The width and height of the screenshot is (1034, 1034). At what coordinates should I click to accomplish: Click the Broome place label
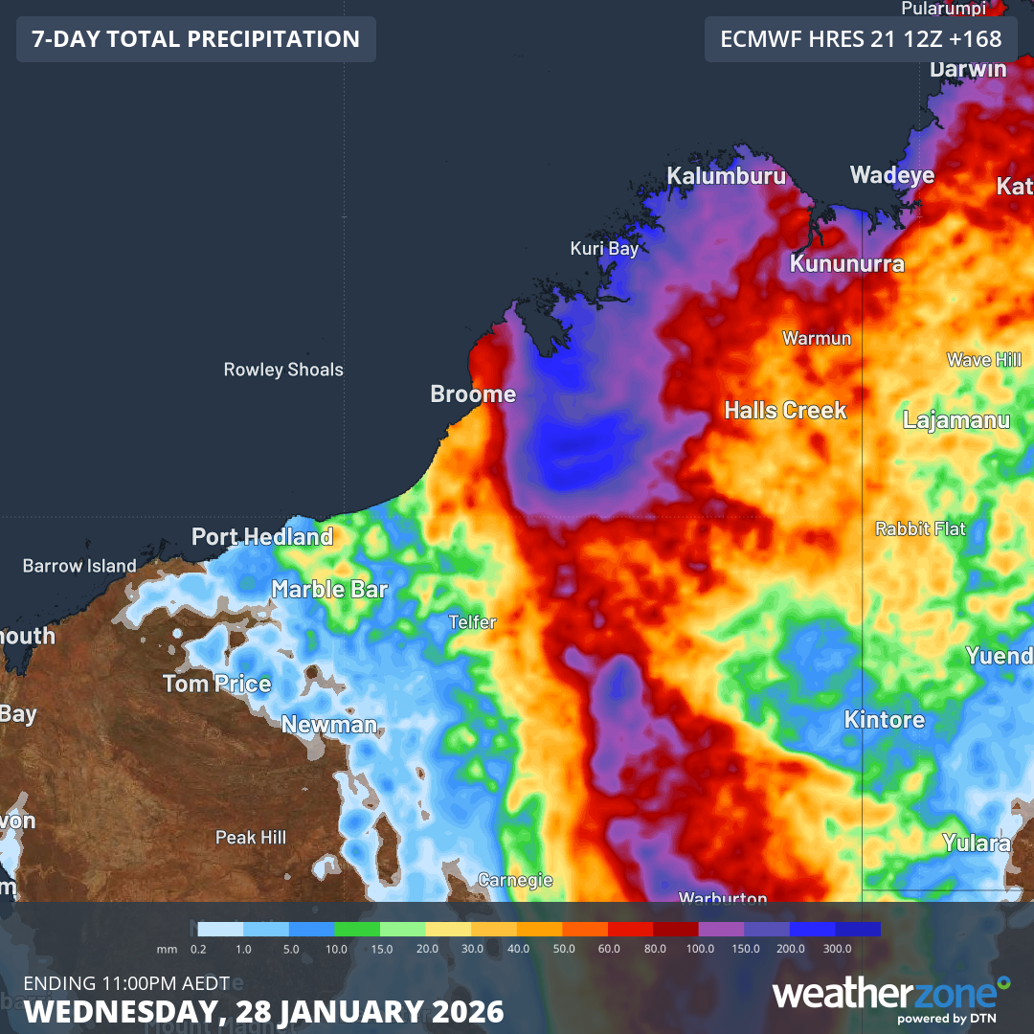tap(473, 393)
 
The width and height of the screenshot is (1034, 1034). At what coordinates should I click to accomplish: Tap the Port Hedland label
tap(262, 536)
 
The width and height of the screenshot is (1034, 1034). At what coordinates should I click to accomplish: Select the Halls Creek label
tap(785, 410)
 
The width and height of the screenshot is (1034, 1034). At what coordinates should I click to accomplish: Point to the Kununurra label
tap(846, 263)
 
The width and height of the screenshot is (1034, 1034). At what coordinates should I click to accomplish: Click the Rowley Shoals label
tap(283, 370)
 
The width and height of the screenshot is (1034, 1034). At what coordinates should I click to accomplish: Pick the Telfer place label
tap(473, 622)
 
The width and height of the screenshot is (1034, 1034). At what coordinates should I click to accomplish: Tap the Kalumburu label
tap(726, 176)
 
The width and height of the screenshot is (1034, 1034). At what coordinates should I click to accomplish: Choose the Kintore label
tap(885, 719)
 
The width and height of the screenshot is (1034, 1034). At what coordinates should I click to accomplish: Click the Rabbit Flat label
tap(921, 528)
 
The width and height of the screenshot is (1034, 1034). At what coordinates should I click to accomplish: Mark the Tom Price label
tap(217, 684)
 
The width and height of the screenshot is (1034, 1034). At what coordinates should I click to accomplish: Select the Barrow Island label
tap(79, 566)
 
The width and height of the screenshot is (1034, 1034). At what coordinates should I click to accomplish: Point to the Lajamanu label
tap(956, 419)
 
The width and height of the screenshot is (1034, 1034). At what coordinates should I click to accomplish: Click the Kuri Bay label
tap(604, 249)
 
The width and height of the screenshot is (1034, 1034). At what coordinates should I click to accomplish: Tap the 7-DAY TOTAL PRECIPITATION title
tap(196, 39)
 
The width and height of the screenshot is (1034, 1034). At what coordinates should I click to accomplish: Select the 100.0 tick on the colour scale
tap(700, 948)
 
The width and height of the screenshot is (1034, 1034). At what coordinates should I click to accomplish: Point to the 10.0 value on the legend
tap(336, 948)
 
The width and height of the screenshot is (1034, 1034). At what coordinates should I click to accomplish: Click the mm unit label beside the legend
tap(168, 948)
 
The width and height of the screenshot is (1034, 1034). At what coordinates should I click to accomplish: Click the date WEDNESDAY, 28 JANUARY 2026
tap(264, 1011)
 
